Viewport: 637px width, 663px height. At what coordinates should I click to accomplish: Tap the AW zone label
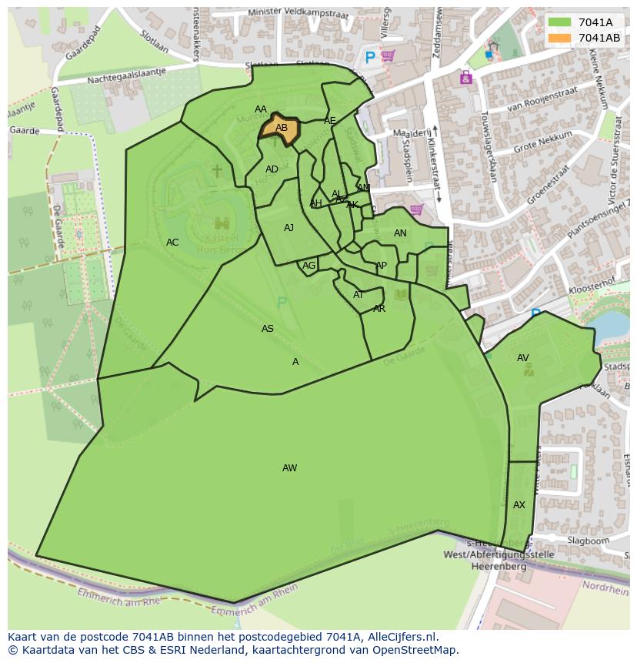pyautogui.click(x=289, y=468)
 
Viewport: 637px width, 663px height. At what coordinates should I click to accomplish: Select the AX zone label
pyautogui.click(x=519, y=505)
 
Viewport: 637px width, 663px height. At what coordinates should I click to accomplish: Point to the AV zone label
pyautogui.click(x=523, y=358)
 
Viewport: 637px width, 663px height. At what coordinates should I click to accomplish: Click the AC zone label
pyautogui.click(x=172, y=243)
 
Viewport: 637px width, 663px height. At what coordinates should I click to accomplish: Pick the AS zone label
pyautogui.click(x=268, y=329)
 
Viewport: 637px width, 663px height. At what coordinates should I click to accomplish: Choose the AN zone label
pyautogui.click(x=400, y=233)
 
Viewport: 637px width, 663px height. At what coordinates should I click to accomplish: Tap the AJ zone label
pyautogui.click(x=288, y=228)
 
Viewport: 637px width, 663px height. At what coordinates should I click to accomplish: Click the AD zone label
pyautogui.click(x=272, y=169)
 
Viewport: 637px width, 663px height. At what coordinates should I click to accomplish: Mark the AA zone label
pyautogui.click(x=261, y=109)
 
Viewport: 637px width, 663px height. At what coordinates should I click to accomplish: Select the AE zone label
pyautogui.click(x=330, y=121)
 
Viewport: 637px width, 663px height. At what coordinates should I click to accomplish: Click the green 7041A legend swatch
pyautogui.click(x=560, y=22)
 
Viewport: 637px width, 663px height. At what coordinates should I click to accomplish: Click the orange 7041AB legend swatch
pyautogui.click(x=560, y=38)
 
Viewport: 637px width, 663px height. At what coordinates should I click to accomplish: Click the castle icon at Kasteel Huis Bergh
pyautogui.click(x=222, y=223)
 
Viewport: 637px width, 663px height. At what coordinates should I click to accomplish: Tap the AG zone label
pyautogui.click(x=308, y=266)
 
